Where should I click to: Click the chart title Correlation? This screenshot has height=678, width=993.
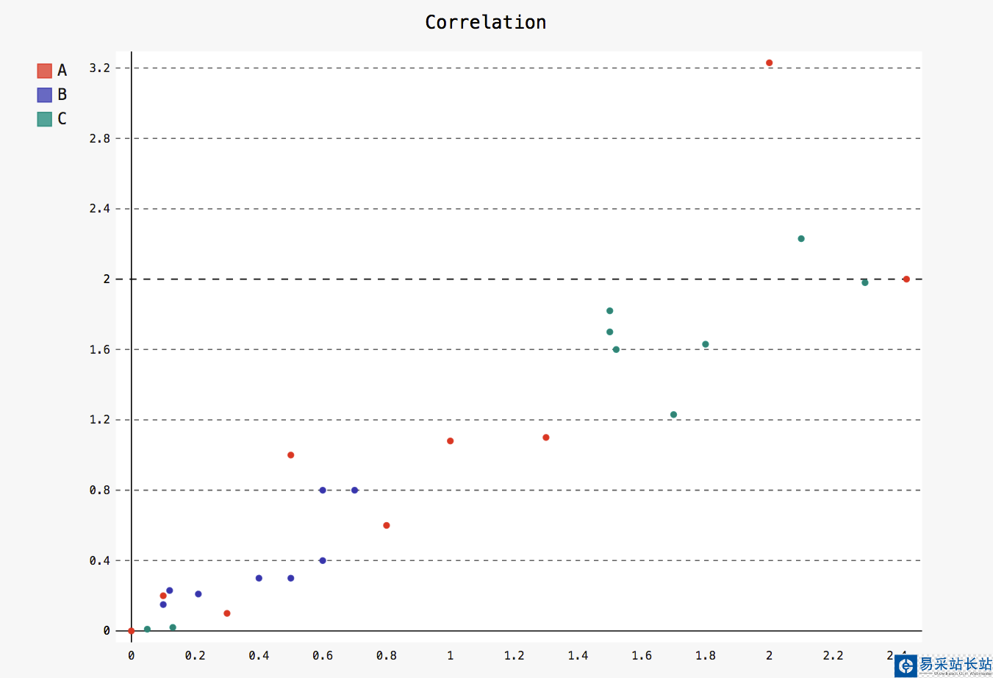click(485, 22)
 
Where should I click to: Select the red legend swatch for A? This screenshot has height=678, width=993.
click(44, 71)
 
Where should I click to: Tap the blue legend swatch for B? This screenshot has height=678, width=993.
click(44, 95)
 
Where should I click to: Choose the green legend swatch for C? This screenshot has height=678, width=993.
click(44, 119)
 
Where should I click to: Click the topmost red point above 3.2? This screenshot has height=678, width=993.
click(769, 63)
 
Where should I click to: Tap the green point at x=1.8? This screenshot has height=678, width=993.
click(706, 344)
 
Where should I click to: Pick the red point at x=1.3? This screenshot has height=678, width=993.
click(546, 438)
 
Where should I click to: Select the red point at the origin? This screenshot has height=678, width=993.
click(132, 631)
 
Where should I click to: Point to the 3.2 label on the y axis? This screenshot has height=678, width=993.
click(99, 68)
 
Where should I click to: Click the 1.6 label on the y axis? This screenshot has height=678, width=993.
click(99, 350)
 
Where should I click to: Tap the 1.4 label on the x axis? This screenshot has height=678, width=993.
click(578, 655)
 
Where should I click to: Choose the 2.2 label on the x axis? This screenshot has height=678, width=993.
click(833, 655)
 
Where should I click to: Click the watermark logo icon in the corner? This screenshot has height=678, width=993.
click(906, 665)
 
